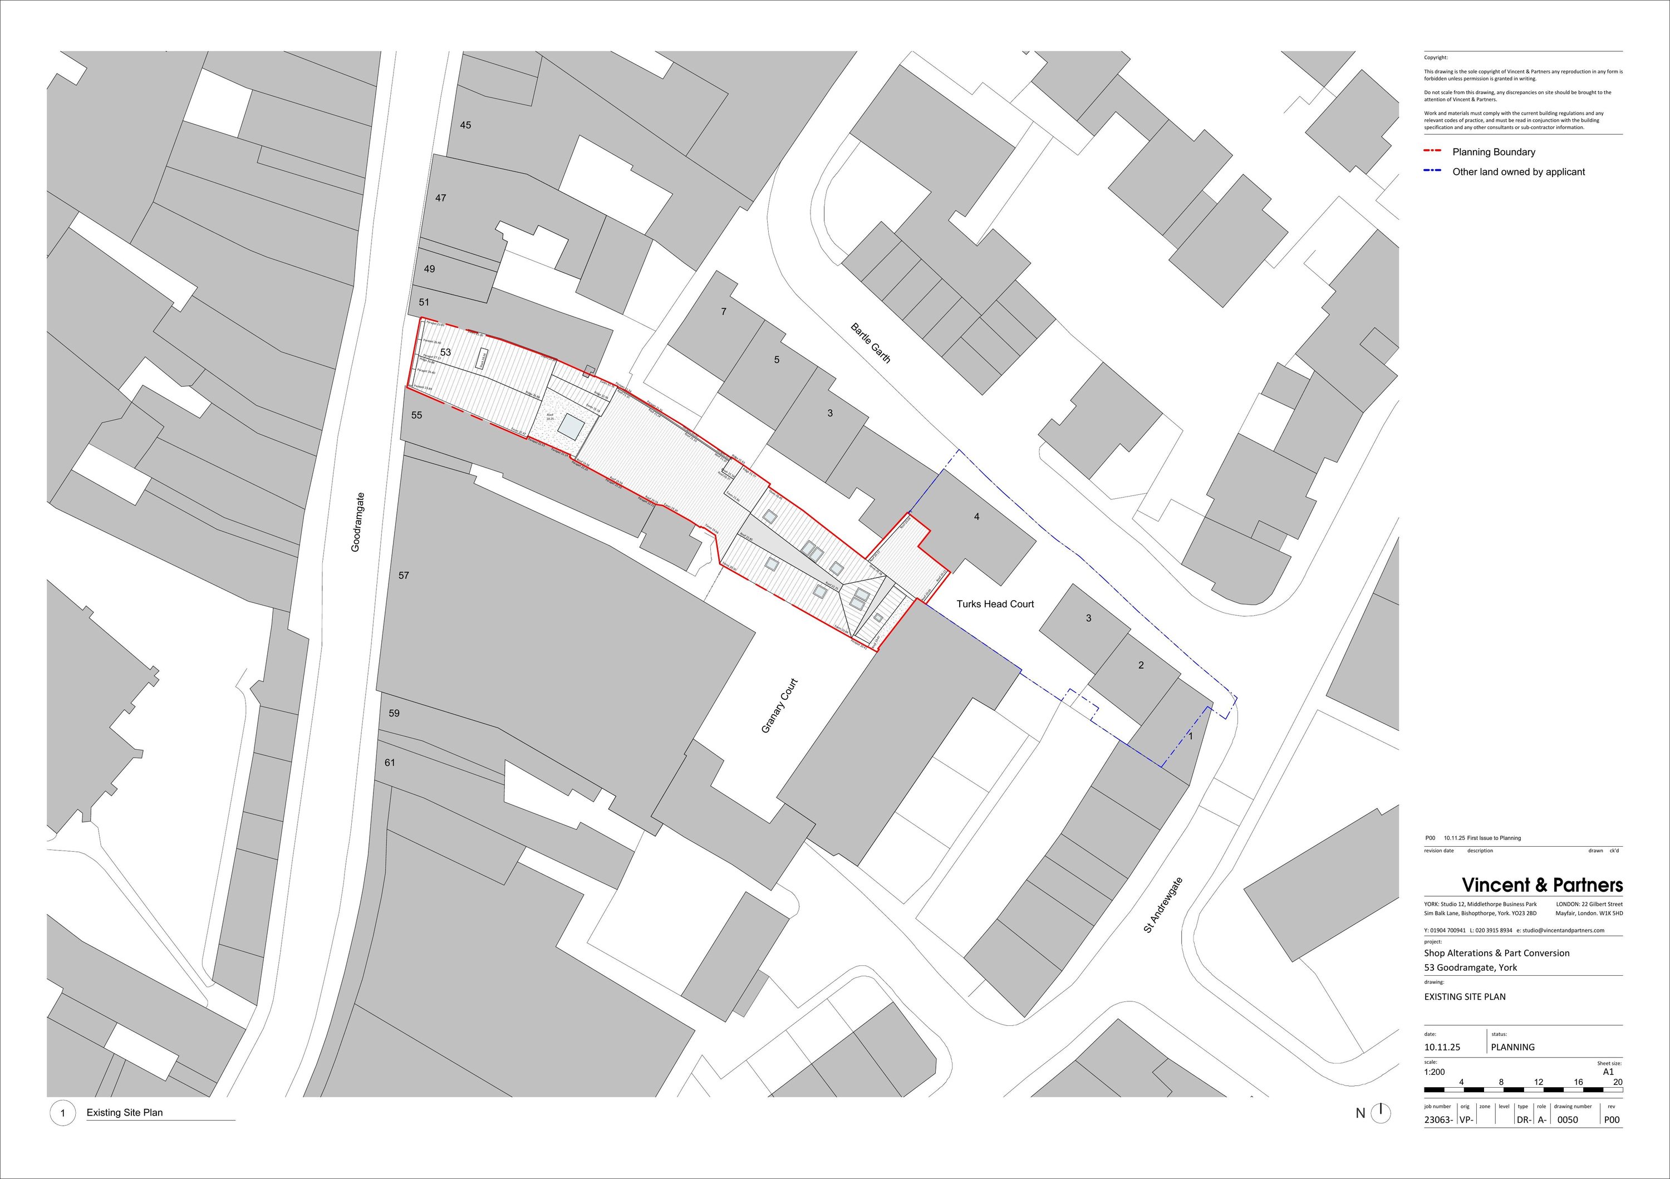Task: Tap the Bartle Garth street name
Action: tap(870, 343)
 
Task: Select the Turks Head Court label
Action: tap(994, 603)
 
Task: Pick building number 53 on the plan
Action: tap(445, 352)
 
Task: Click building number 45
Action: tap(465, 125)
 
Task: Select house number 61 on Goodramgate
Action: tap(390, 762)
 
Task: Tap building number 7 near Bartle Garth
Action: tap(723, 311)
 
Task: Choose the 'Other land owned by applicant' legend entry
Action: tap(1518, 171)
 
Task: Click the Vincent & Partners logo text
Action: tap(1542, 885)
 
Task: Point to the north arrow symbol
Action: tap(1380, 1112)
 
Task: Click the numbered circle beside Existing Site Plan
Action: tap(62, 1113)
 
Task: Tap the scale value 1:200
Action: tap(1435, 1072)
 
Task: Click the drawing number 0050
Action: tap(1568, 1120)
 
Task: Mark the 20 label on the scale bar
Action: tap(1617, 1082)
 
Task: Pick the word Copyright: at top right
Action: tap(1436, 57)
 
